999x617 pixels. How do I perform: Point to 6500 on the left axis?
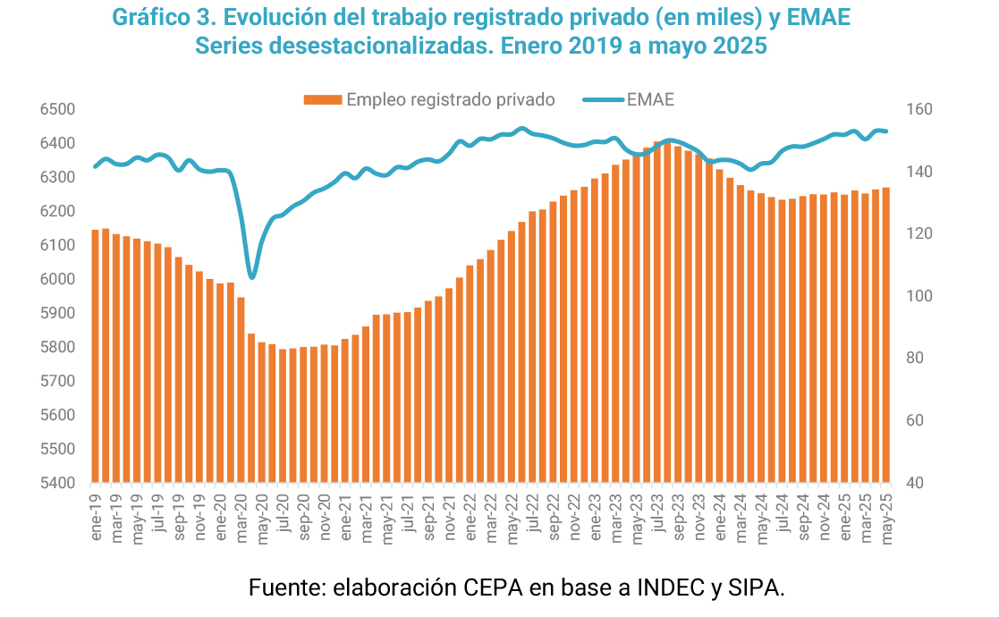(x=57, y=110)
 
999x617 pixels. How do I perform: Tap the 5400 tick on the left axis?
(x=57, y=483)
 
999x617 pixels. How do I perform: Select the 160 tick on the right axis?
(x=921, y=110)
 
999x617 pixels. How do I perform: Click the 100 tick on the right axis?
(x=921, y=296)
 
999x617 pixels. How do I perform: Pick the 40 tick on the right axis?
(x=918, y=483)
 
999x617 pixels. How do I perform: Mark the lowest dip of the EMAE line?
(x=252, y=277)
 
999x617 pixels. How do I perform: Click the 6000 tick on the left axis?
(x=57, y=280)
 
